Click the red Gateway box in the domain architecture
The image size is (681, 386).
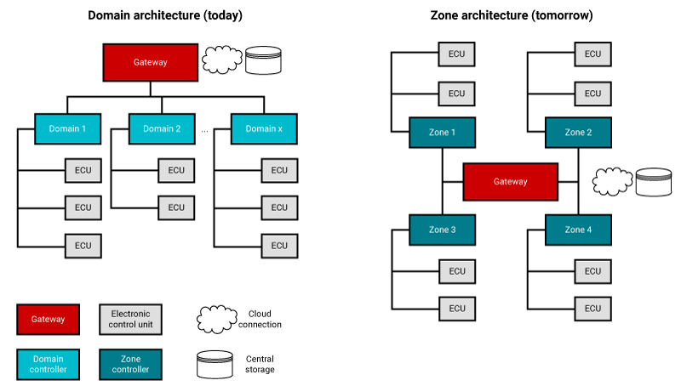[150, 62]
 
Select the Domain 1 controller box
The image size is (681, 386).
[67, 129]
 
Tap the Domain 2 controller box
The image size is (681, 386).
[162, 129]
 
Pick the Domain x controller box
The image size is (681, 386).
[264, 129]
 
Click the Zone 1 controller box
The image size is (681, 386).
[442, 133]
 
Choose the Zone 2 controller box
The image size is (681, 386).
[578, 133]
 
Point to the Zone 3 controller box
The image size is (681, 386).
[442, 230]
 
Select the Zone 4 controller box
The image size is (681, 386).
[578, 230]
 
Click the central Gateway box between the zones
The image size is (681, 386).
[511, 181]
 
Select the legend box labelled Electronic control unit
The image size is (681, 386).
[130, 319]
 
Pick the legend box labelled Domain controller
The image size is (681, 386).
[48, 364]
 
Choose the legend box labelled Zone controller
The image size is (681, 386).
[130, 364]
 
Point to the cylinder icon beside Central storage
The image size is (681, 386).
[215, 363]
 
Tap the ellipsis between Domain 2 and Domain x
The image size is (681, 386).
[205, 131]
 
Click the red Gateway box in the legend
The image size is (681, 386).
[48, 319]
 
